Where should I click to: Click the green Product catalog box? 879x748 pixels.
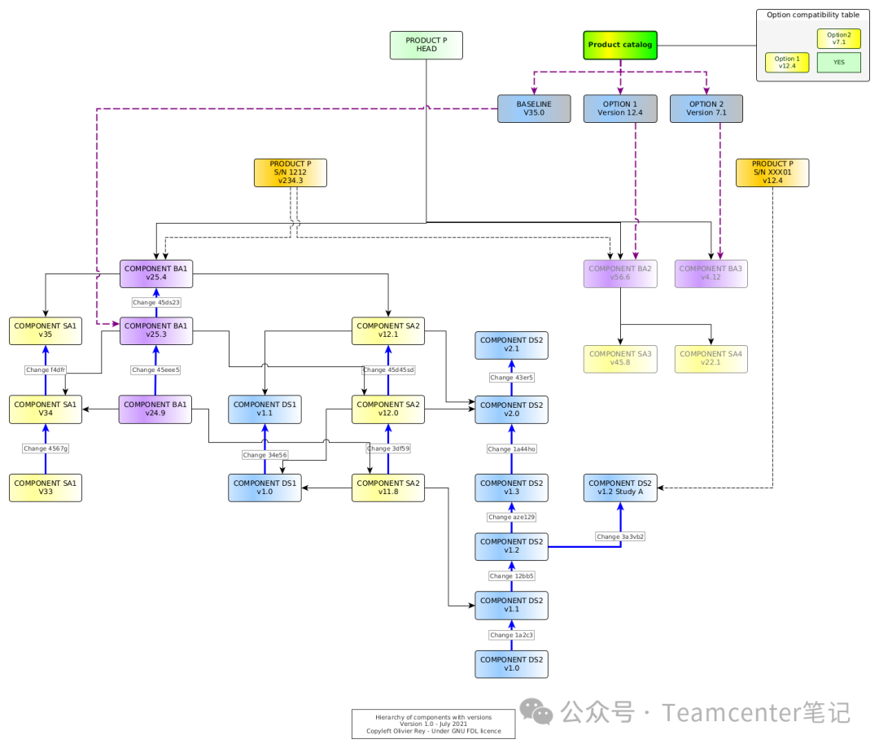[x=620, y=45]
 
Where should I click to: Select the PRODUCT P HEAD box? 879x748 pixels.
[x=426, y=45]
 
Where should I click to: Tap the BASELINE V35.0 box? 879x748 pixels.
[x=534, y=109]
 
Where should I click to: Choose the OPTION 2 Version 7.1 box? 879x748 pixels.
[x=706, y=109]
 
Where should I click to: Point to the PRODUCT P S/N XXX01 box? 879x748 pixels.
[x=772, y=173]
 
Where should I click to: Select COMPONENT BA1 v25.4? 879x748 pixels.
[x=156, y=273]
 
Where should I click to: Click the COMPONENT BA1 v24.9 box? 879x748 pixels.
[x=155, y=409]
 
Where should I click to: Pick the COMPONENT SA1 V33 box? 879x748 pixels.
[x=46, y=488]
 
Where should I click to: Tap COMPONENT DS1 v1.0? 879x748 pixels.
[x=265, y=488]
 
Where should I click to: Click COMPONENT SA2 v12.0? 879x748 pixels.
[x=388, y=409]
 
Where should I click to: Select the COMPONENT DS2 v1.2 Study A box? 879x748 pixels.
[x=620, y=488]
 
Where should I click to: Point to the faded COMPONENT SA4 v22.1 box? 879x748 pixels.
[x=711, y=359]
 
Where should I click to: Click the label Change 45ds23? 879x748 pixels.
[x=156, y=302]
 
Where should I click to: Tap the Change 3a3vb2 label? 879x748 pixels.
[x=620, y=536]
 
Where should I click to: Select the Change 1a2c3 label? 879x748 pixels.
[x=511, y=635]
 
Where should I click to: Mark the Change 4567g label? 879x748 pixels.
[x=46, y=448]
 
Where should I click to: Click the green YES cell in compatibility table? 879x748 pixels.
[x=838, y=62]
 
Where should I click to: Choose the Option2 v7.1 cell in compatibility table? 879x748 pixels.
[x=838, y=38]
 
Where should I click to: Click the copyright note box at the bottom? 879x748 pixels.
[x=433, y=724]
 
